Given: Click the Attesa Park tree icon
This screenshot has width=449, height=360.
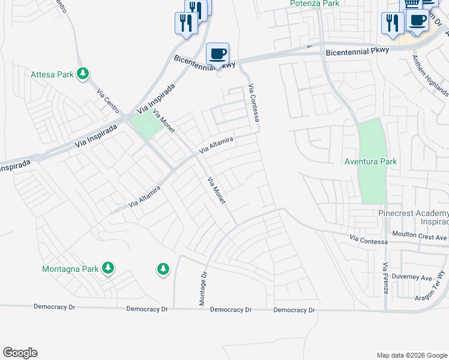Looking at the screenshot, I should click(x=83, y=74).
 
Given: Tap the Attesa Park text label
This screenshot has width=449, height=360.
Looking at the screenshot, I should click(x=52, y=74).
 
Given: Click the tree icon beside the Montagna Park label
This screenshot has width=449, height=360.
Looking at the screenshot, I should click(x=108, y=268).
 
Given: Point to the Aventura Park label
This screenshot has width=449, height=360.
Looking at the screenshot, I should click(x=371, y=161).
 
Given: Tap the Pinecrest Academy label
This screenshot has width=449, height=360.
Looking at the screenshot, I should click(x=413, y=217).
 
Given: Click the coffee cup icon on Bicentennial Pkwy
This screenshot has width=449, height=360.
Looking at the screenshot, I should click(x=217, y=53).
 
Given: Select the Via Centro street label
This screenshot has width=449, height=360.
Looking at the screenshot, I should click(x=109, y=101).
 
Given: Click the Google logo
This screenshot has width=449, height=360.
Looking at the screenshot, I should click(x=20, y=353).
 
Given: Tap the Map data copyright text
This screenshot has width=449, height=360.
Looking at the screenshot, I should click(x=412, y=355).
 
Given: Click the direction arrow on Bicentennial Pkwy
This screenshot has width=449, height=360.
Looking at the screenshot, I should click(x=310, y=46).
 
